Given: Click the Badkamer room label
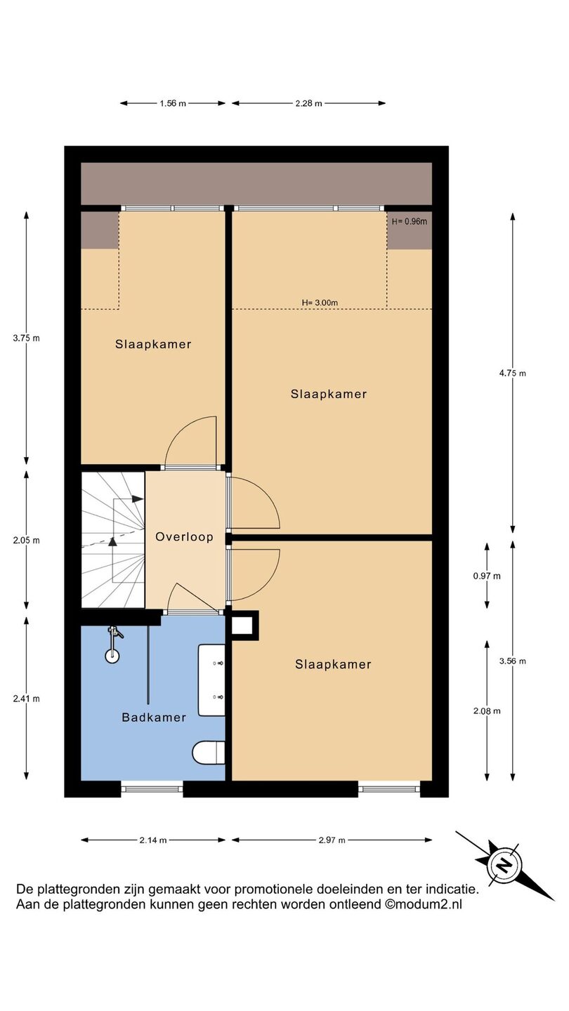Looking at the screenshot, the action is (154, 718).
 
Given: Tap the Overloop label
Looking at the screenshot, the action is (184, 536).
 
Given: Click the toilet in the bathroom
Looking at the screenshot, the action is (209, 753).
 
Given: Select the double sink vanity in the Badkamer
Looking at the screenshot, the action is (212, 680).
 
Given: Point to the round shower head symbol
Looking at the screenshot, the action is (112, 656).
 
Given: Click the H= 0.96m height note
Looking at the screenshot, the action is (409, 222).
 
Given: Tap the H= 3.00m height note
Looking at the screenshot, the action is (320, 303).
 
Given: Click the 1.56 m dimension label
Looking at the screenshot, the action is (173, 103).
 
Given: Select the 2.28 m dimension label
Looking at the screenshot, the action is (309, 103).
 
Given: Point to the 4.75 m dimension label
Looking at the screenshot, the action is (513, 374).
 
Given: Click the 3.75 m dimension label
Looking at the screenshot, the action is (26, 338).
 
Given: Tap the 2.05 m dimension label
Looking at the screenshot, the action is (26, 541).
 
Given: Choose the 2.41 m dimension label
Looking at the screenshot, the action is (26, 699).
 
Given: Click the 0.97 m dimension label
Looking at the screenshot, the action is (487, 576).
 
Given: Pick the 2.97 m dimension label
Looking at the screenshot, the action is (332, 840).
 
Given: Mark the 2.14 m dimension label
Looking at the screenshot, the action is (153, 840).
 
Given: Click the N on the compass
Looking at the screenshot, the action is (503, 865).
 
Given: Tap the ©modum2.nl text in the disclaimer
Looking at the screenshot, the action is (423, 904).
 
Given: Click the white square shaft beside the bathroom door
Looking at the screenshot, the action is (242, 626).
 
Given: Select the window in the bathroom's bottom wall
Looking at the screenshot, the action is (152, 789).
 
